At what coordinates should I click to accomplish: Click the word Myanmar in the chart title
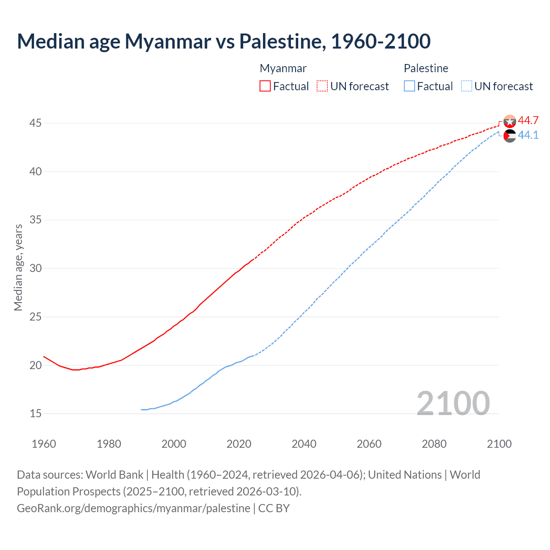(x=168, y=41)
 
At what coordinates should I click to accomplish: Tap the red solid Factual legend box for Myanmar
(x=265, y=86)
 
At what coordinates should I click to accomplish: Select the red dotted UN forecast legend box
(x=322, y=86)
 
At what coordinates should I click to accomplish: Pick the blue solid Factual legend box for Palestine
(x=409, y=86)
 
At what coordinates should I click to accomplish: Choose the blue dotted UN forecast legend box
(x=466, y=86)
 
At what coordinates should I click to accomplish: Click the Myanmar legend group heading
(x=283, y=68)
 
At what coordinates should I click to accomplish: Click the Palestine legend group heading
(x=426, y=68)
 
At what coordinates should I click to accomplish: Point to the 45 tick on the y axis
(x=35, y=123)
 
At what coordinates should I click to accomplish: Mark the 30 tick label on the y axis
(x=35, y=269)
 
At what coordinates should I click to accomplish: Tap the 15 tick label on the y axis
(x=35, y=414)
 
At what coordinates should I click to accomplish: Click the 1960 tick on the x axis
(x=44, y=444)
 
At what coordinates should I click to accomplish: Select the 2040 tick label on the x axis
(x=304, y=444)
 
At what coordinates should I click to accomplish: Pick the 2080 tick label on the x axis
(x=434, y=444)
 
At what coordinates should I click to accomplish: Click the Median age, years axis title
(x=18, y=267)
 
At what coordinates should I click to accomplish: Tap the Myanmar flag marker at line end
(x=510, y=122)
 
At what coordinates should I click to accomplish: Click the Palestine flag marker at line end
(x=510, y=136)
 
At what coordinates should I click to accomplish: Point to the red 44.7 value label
(x=528, y=121)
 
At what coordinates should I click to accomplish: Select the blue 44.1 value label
(x=528, y=135)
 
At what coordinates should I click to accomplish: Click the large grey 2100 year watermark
(x=453, y=403)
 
